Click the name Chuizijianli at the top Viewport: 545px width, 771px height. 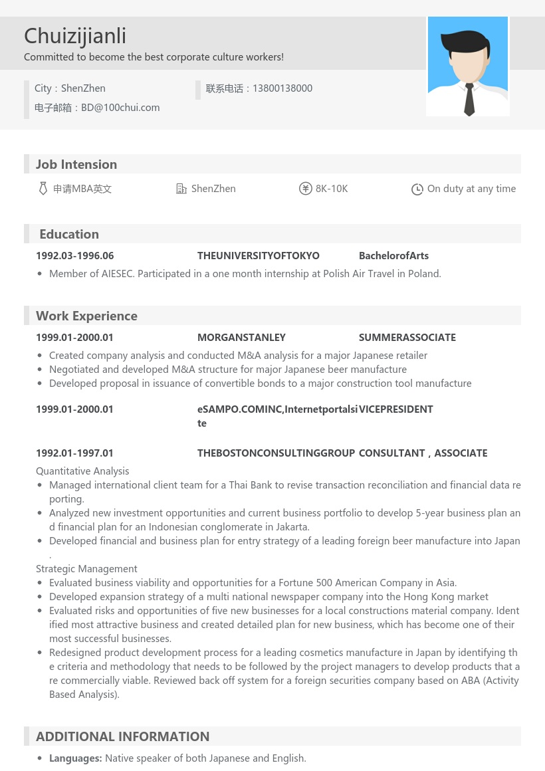point(75,36)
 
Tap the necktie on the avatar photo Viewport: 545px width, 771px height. point(469,100)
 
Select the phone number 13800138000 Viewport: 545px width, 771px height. point(282,88)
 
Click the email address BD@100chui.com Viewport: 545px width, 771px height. point(120,108)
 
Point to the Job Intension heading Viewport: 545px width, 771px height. point(76,164)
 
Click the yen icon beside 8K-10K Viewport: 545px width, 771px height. point(306,189)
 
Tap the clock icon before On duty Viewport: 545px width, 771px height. point(417,189)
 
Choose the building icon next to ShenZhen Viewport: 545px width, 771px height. point(181,189)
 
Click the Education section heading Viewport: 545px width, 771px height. point(69,234)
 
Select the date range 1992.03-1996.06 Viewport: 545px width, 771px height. point(75,256)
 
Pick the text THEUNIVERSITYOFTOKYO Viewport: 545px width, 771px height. point(259,256)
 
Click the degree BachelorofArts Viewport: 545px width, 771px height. point(393,256)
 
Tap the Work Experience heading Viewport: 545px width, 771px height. point(86,316)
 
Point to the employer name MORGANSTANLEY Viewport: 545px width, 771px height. point(241,338)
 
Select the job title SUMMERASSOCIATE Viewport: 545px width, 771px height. point(407,338)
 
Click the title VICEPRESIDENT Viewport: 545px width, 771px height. point(396,409)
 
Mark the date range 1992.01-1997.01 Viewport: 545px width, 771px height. point(75,453)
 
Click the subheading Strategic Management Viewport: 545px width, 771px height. point(86,569)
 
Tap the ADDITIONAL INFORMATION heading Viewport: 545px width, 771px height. point(122,736)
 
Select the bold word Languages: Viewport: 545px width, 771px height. point(76,758)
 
